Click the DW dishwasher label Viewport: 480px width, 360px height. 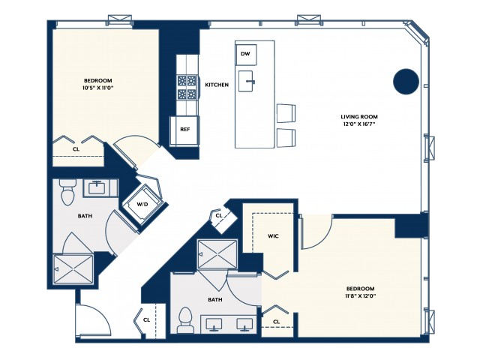point(245,54)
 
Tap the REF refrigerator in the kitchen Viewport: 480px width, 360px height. point(184,130)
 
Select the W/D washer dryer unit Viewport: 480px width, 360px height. point(142,204)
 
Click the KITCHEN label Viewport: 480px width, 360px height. point(217,85)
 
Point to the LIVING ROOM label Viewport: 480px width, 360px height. point(359,117)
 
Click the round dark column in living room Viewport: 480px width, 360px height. point(406,82)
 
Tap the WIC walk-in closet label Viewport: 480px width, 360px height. point(273,236)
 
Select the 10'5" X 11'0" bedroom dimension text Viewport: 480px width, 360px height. point(98,88)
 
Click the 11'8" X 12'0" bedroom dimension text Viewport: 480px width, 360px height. point(360,295)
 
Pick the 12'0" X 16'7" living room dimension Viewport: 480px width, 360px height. point(359,124)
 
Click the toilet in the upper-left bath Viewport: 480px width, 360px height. point(67,192)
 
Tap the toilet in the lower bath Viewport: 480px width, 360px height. point(185,320)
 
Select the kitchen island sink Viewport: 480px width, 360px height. point(246,81)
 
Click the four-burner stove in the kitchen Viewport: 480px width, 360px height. point(187,87)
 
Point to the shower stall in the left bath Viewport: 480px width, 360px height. point(73,269)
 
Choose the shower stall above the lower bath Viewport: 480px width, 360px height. point(217,254)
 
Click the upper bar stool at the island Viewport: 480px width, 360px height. point(286,113)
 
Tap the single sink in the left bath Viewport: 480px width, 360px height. point(97,187)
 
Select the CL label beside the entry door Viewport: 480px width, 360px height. point(147,320)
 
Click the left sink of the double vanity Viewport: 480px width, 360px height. point(214,324)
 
